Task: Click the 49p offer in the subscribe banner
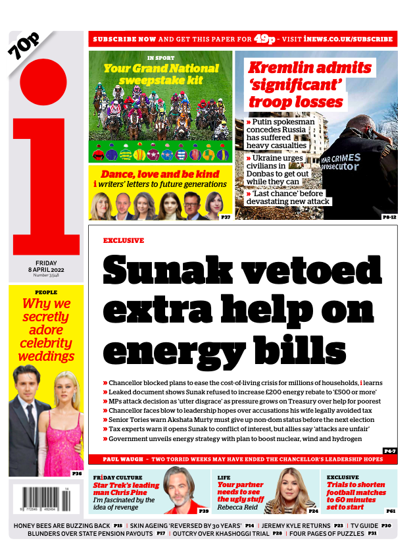pyautogui.click(x=264, y=38)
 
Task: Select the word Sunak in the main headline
pyautogui.click(x=165, y=270)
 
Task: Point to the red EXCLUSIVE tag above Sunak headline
pyautogui.click(x=123, y=240)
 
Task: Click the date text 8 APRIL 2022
pyautogui.click(x=47, y=269)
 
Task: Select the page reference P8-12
pyautogui.click(x=389, y=217)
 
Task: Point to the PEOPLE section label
pyautogui.click(x=46, y=292)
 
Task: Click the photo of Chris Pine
pyautogui.click(x=179, y=490)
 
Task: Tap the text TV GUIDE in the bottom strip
pyautogui.click(x=364, y=525)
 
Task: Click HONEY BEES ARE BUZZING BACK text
pyautogui.click(x=62, y=525)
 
